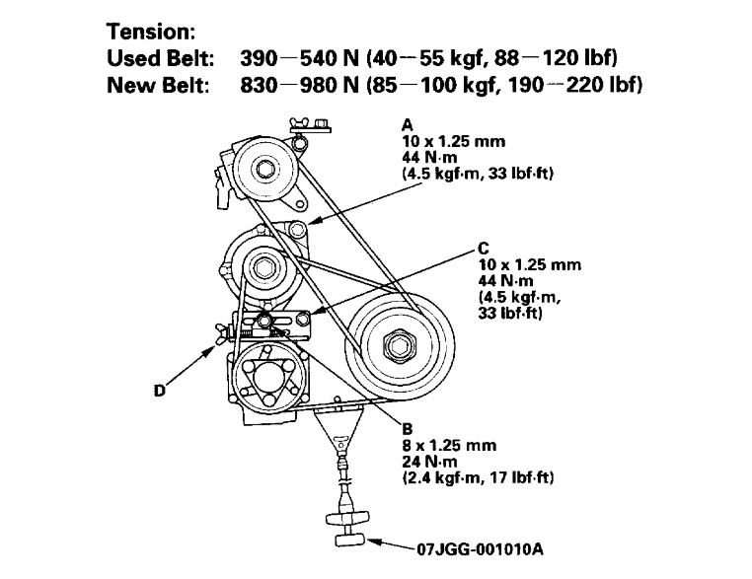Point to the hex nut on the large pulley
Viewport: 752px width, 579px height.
click(x=399, y=346)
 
